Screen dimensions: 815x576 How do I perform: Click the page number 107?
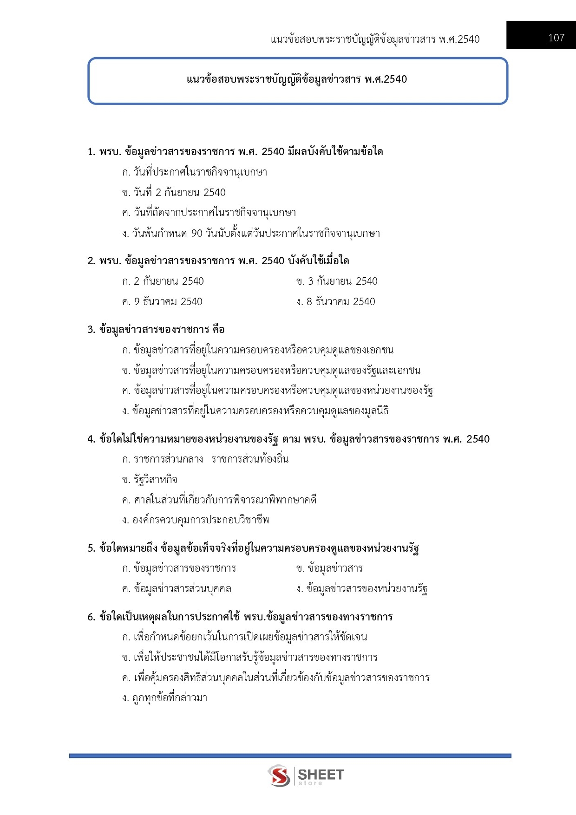point(556,38)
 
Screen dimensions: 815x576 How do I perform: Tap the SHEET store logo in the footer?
point(306,776)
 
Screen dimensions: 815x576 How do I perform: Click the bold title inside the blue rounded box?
point(297,79)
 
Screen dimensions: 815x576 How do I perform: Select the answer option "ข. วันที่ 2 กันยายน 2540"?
point(174,193)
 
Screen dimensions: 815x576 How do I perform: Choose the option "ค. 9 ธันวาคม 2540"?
point(162,302)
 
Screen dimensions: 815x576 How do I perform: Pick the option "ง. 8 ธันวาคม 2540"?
point(335,302)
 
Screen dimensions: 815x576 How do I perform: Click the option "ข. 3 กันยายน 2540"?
point(337,281)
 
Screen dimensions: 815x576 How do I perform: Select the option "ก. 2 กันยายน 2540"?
point(163,281)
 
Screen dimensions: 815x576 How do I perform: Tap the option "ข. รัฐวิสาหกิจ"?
point(150,480)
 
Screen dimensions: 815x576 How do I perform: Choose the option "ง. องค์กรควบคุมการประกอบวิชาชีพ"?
point(196,520)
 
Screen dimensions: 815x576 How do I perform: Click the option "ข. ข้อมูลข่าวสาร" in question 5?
point(329,568)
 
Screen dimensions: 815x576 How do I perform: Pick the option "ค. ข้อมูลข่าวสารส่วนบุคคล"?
point(177,589)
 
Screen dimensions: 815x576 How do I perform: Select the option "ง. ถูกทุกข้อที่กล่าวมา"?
point(164,698)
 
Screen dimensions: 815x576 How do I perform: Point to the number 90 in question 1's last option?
point(197,234)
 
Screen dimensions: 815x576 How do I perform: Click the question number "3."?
point(91,330)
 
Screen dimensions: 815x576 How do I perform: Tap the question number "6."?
point(91,617)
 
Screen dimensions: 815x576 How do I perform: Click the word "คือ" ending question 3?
point(218,330)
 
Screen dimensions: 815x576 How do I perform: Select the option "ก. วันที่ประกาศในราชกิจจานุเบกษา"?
point(194,172)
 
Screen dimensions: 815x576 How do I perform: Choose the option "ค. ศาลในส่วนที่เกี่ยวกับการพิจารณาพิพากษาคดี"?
point(219,500)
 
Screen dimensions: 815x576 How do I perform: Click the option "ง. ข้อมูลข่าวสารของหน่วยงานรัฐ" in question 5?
point(361,589)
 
